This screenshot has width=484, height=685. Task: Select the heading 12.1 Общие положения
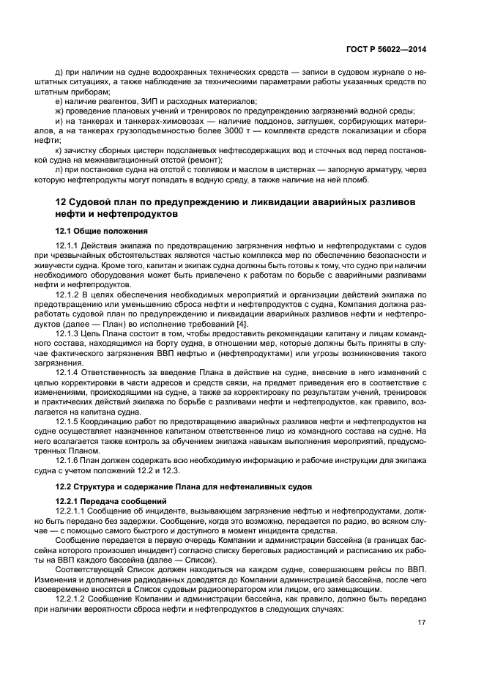(x=102, y=232)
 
